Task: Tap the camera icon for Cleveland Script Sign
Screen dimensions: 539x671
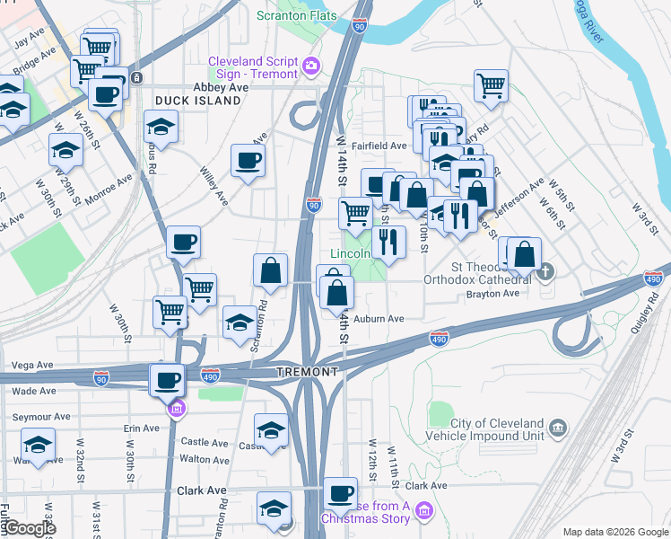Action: [x=311, y=64]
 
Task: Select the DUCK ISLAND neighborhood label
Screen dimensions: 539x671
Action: [x=197, y=101]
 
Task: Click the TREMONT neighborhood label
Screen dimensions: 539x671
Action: [x=307, y=372]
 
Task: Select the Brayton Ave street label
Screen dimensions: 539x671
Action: [x=498, y=294]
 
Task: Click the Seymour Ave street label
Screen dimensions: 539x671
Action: [x=41, y=417]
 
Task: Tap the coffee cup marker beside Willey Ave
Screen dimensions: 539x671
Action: [x=248, y=161]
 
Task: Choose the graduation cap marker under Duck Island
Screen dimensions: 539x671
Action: [x=161, y=127]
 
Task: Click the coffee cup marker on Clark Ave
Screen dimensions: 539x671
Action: [x=340, y=492]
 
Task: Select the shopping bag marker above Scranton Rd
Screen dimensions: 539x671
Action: [x=270, y=269]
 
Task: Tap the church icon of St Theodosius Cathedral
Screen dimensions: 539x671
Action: [x=545, y=272]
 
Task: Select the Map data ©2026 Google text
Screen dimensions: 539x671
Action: [x=614, y=532]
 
